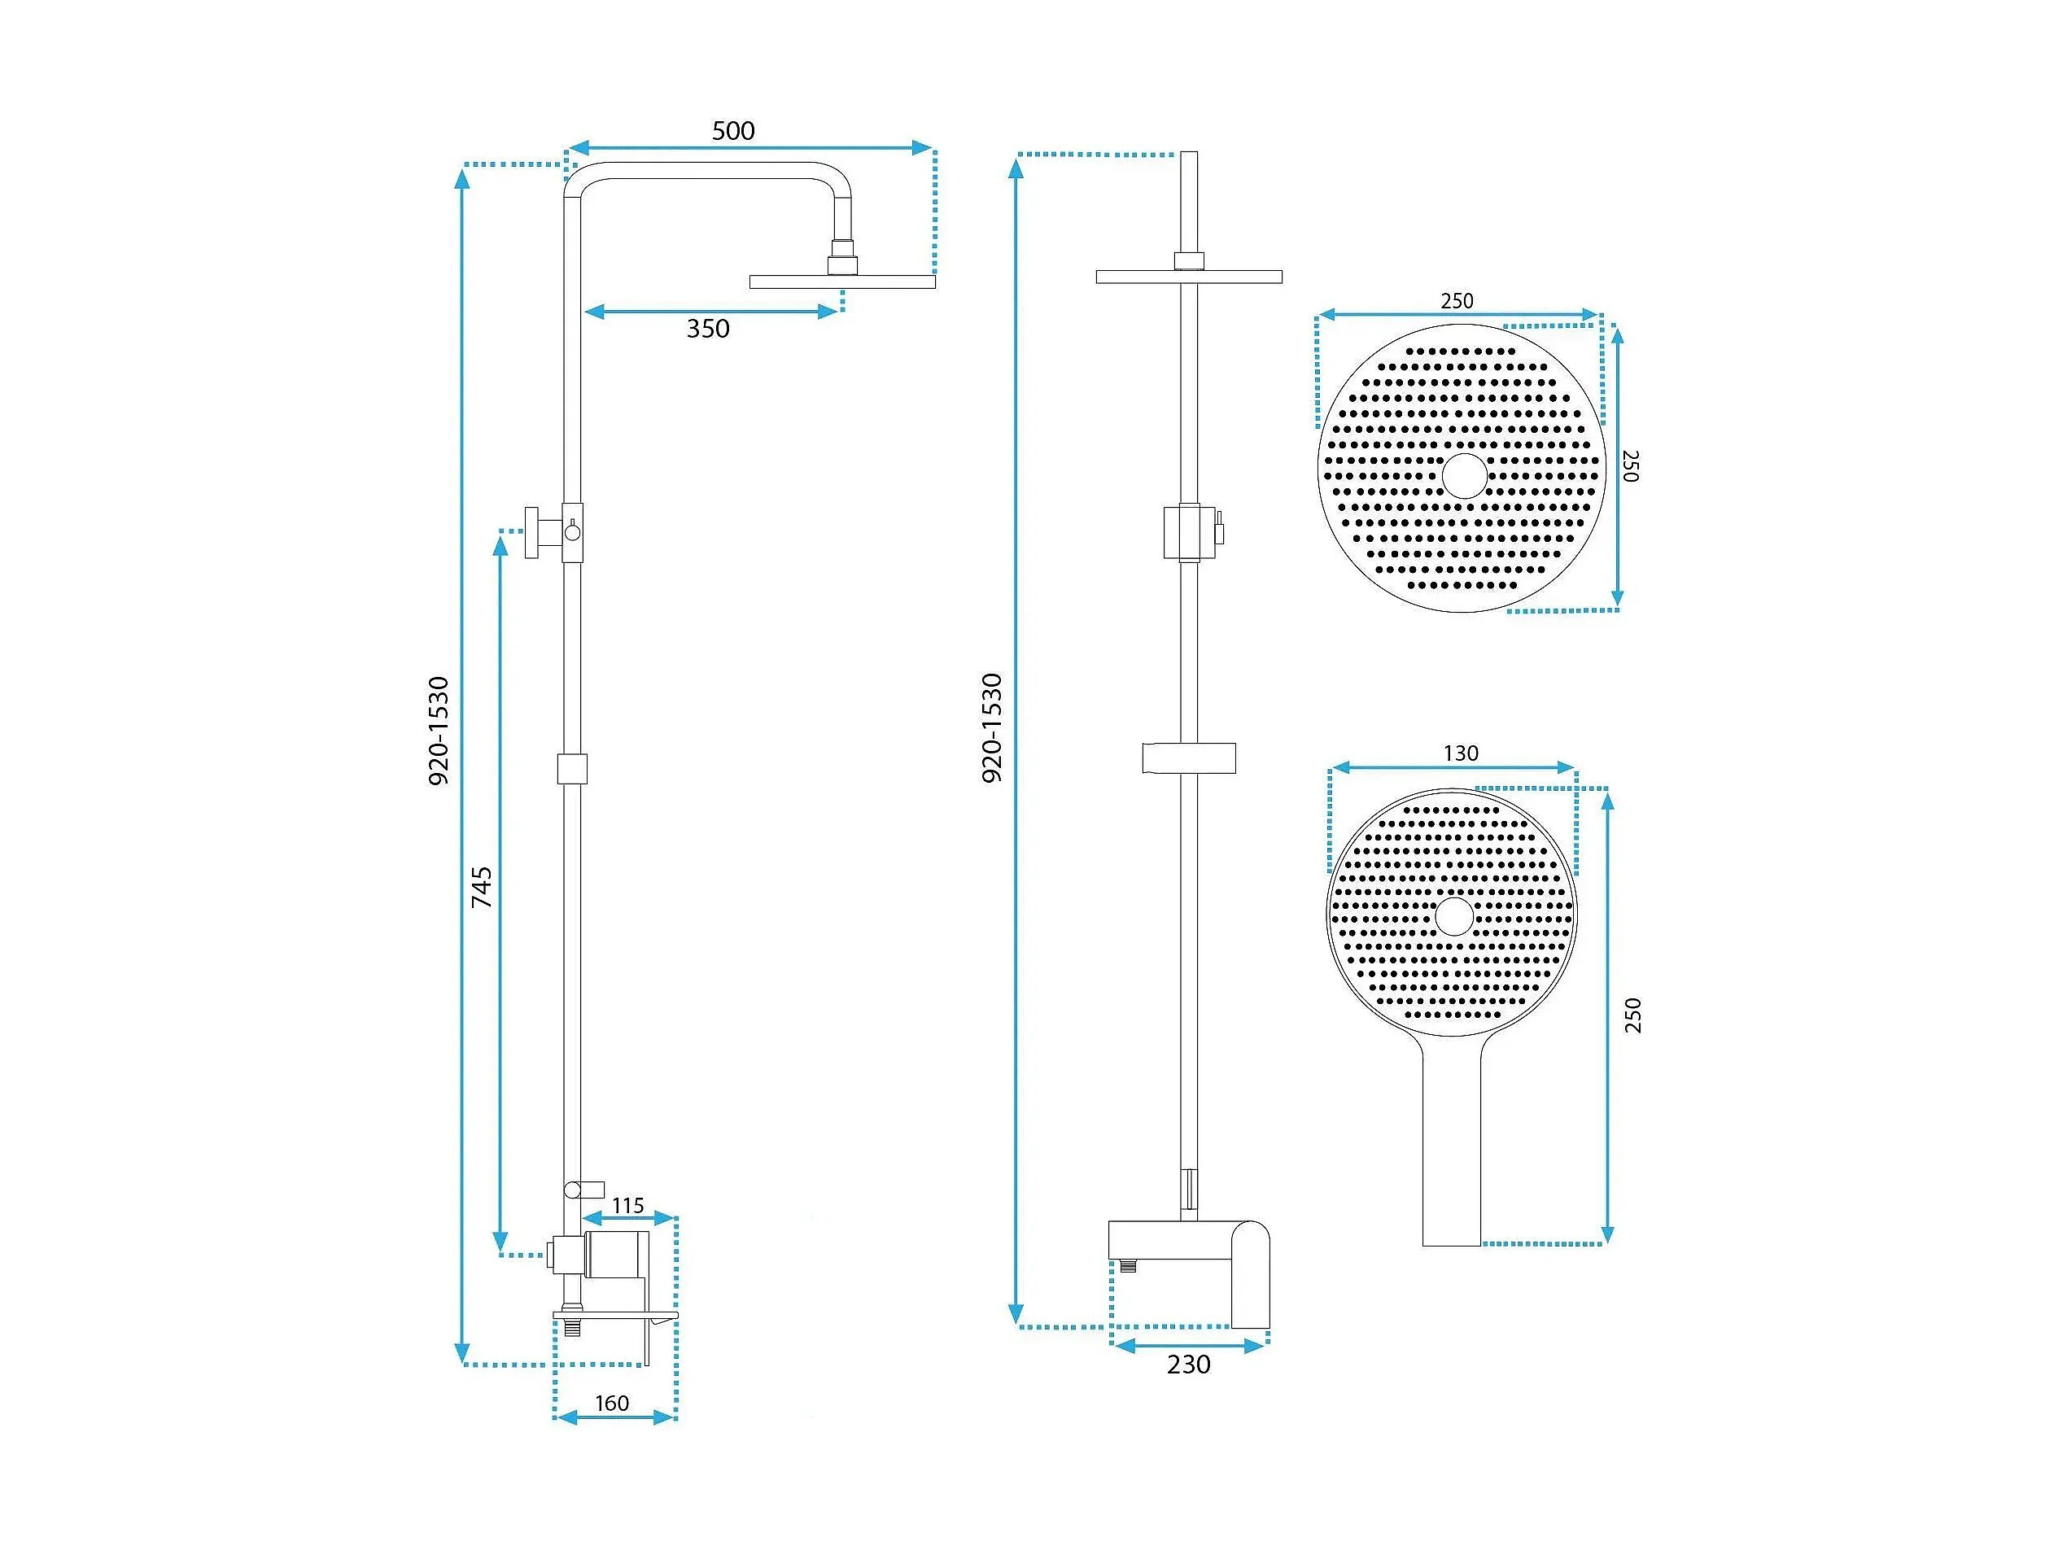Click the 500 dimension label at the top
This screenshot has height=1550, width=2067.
click(x=733, y=131)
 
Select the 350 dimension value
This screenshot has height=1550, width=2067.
click(x=708, y=329)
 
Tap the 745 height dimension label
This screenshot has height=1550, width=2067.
click(x=481, y=888)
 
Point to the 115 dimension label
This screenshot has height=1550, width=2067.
click(x=628, y=1206)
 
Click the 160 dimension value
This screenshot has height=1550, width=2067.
click(x=612, y=1404)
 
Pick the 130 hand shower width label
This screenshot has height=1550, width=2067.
click(x=1461, y=753)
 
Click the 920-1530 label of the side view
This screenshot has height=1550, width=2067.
click(x=439, y=731)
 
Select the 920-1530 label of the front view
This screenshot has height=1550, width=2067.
click(x=991, y=728)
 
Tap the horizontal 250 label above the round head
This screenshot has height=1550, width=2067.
click(x=1457, y=301)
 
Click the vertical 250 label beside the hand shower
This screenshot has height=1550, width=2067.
click(x=1632, y=1015)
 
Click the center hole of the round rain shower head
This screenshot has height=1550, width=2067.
click(x=1463, y=475)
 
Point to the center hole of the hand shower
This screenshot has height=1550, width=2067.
click(x=1454, y=916)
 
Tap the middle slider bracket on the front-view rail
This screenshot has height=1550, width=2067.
click(x=1189, y=758)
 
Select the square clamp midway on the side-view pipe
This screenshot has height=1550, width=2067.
click(x=572, y=769)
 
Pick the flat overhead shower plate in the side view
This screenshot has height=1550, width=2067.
click(x=842, y=282)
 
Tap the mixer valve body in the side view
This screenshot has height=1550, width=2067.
click(x=617, y=1255)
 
